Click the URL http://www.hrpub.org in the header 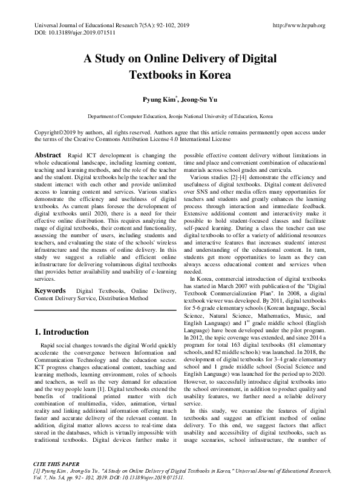click(299, 25)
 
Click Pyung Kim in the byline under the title click(155, 99)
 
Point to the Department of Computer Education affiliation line click(180, 115)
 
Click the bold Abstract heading click(48, 156)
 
